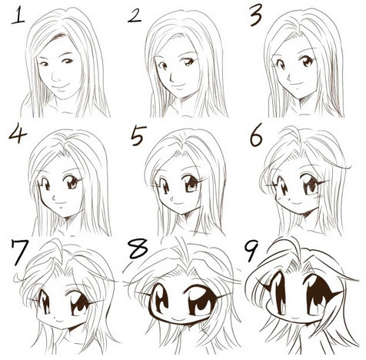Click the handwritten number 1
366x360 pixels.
(x=17, y=15)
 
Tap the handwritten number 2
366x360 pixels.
(x=135, y=16)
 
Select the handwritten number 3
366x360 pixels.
(x=256, y=15)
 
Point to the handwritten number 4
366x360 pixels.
(x=18, y=133)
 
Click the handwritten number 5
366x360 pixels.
(x=138, y=135)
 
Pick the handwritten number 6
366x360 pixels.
(x=256, y=135)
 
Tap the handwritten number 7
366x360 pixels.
(x=19, y=252)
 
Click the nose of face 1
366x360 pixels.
(x=52, y=76)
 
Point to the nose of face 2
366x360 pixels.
(x=171, y=77)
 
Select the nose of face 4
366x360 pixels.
(x=54, y=198)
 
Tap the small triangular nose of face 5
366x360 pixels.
(x=172, y=198)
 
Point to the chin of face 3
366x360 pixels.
(x=299, y=98)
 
